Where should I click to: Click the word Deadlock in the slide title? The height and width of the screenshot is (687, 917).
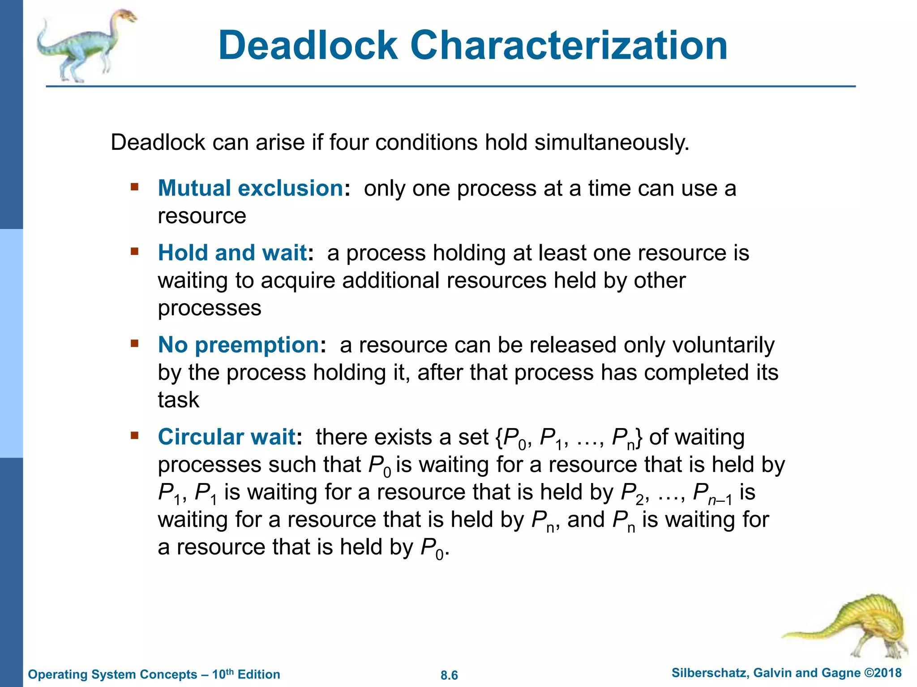pos(308,46)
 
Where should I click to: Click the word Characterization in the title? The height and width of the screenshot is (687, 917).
pos(569,46)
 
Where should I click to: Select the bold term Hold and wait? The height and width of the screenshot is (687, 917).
pos(232,253)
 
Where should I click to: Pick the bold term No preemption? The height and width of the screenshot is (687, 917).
pos(239,345)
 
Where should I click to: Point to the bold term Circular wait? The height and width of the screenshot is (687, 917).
pos(227,437)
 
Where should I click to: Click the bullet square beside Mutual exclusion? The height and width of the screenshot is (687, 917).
pos(135,186)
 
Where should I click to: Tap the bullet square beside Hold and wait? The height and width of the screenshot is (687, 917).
pos(135,251)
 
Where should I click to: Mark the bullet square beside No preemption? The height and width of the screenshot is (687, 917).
pos(135,343)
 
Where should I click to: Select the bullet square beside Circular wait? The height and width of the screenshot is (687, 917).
pos(135,435)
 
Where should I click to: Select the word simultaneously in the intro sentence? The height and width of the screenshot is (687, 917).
pos(612,143)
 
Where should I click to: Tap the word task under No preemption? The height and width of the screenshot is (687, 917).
pos(178,400)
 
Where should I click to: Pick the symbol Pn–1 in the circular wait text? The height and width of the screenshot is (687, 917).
pos(712,493)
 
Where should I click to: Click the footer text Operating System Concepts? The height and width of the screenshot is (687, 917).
pos(112,674)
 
